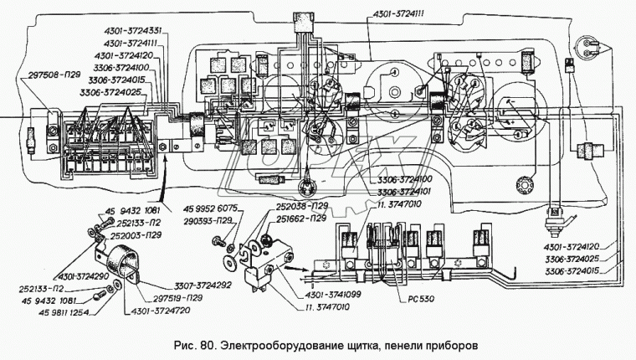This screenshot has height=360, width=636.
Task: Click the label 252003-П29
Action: pyautogui.click(x=135, y=237)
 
